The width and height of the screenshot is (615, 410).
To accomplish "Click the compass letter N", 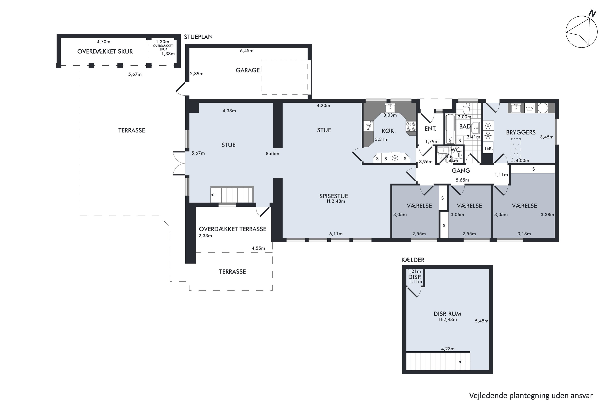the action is coord(592,13).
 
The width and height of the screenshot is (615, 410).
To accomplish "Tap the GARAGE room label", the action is coord(248,70).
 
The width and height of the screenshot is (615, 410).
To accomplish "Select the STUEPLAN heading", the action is coord(198,37).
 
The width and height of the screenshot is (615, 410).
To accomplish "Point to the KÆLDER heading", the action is coord(413,260).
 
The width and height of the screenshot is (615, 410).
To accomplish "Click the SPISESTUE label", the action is coord(334,196).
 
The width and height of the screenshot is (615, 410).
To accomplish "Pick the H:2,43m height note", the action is coord(448,320).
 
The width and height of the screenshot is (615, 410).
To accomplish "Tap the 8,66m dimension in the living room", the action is coord(272,154).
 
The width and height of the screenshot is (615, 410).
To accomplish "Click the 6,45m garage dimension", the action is coord(247,51).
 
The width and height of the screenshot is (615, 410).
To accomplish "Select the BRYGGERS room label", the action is coord(521,132).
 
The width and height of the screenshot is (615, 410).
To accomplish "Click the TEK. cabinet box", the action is coord(488,148).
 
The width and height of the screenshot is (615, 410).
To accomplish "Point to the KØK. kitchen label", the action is coord(388,131).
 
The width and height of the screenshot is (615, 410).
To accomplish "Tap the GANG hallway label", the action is coord(461,171).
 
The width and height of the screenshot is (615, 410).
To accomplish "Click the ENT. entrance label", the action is coord(430,129).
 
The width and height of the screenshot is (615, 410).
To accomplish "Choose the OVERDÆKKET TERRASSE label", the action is coord(232,229).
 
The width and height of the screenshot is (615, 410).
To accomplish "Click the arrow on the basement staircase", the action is coord(464,362).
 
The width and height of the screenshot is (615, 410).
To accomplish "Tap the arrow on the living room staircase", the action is coord(217,195).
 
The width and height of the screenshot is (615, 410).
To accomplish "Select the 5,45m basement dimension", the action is coord(482,321).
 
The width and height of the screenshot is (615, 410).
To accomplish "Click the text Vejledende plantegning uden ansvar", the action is coord(531,396).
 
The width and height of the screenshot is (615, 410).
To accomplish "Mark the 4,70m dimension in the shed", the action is coord(104,42).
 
